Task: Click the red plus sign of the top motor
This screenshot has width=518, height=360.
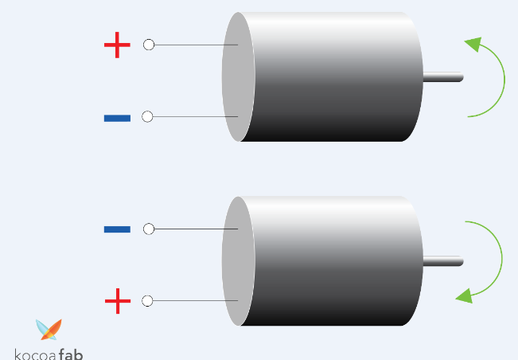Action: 117,45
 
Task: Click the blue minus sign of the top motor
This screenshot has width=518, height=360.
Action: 117,119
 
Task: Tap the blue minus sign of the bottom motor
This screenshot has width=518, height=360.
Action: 117,229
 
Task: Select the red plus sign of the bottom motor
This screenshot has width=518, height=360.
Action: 117,301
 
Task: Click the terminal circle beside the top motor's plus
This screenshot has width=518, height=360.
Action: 149,45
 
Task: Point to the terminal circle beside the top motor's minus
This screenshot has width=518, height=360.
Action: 147,117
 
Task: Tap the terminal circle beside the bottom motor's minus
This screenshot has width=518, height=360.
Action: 149,229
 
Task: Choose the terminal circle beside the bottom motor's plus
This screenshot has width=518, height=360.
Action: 147,301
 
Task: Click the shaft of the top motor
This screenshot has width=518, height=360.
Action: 443,77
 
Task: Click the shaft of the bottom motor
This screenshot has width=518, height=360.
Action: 443,261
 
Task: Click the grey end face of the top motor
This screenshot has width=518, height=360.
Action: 238,76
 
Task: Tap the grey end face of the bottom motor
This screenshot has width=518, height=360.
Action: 238,261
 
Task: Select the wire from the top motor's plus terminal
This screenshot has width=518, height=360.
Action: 195,45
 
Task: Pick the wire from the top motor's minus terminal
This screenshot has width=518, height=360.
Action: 195,117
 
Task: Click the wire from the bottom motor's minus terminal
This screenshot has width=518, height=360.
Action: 195,229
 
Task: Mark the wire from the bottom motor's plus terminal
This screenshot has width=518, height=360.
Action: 195,301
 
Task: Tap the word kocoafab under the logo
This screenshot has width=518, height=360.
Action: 49,354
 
